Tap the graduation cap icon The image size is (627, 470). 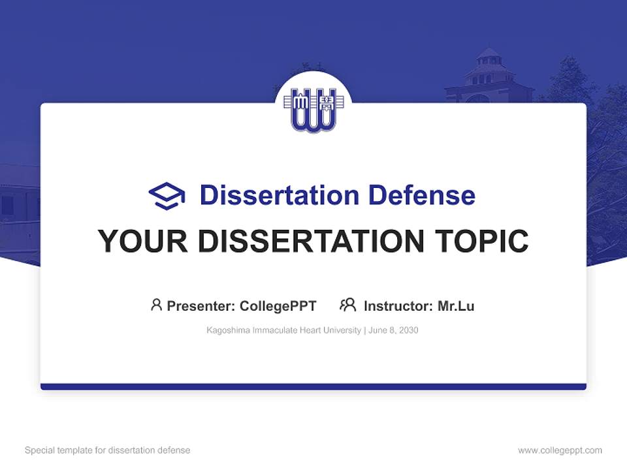pyautogui.click(x=167, y=196)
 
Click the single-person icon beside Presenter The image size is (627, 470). pyautogui.click(x=156, y=305)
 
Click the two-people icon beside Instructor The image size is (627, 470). pyautogui.click(x=348, y=305)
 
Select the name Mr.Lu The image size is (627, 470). pyautogui.click(x=456, y=305)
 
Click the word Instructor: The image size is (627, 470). pyautogui.click(x=398, y=305)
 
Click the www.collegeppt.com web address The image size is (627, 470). pyautogui.click(x=560, y=450)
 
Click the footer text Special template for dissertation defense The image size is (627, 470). pyautogui.click(x=108, y=450)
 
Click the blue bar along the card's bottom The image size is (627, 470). pyautogui.click(x=313, y=386)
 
